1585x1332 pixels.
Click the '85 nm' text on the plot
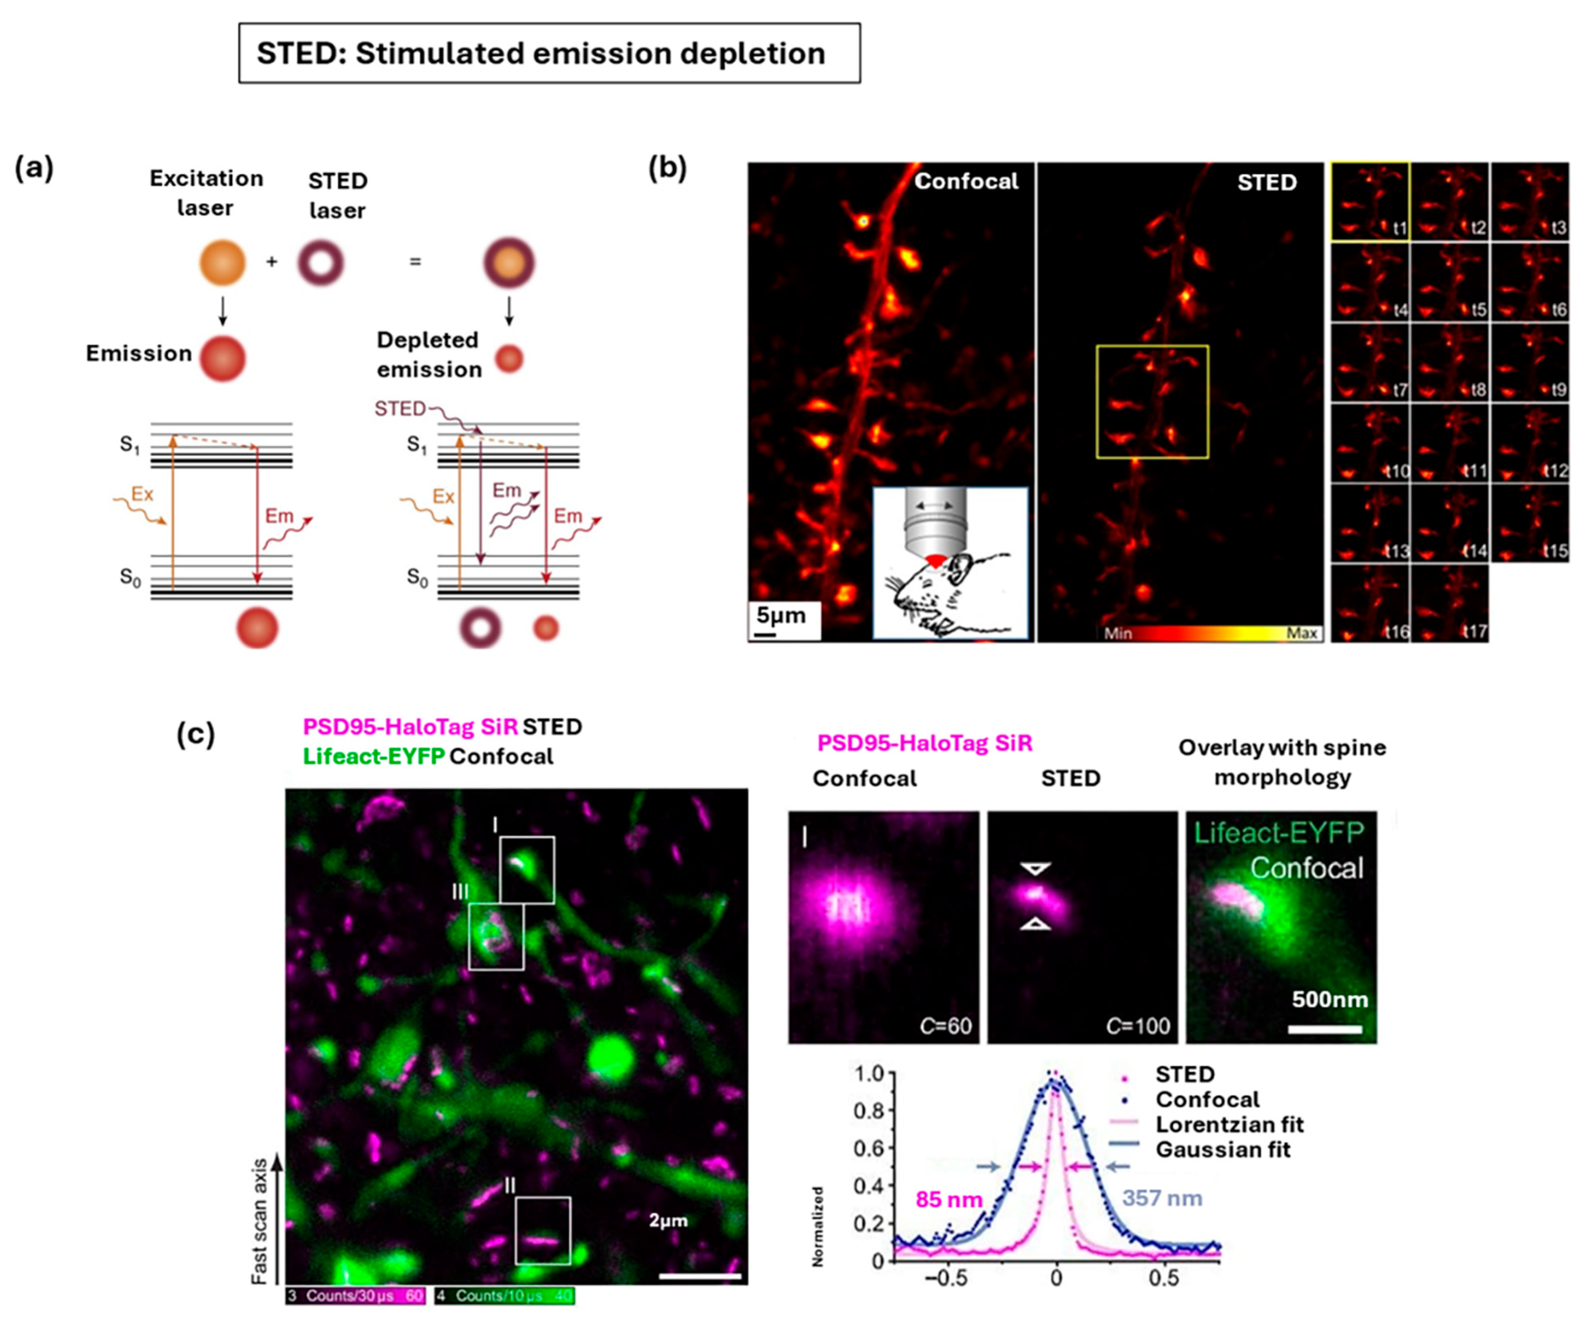click(x=949, y=1199)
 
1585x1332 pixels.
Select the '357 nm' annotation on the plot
click(x=1163, y=1198)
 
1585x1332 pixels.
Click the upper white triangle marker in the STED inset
click(x=1036, y=869)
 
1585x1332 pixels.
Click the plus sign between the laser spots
click(x=272, y=262)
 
